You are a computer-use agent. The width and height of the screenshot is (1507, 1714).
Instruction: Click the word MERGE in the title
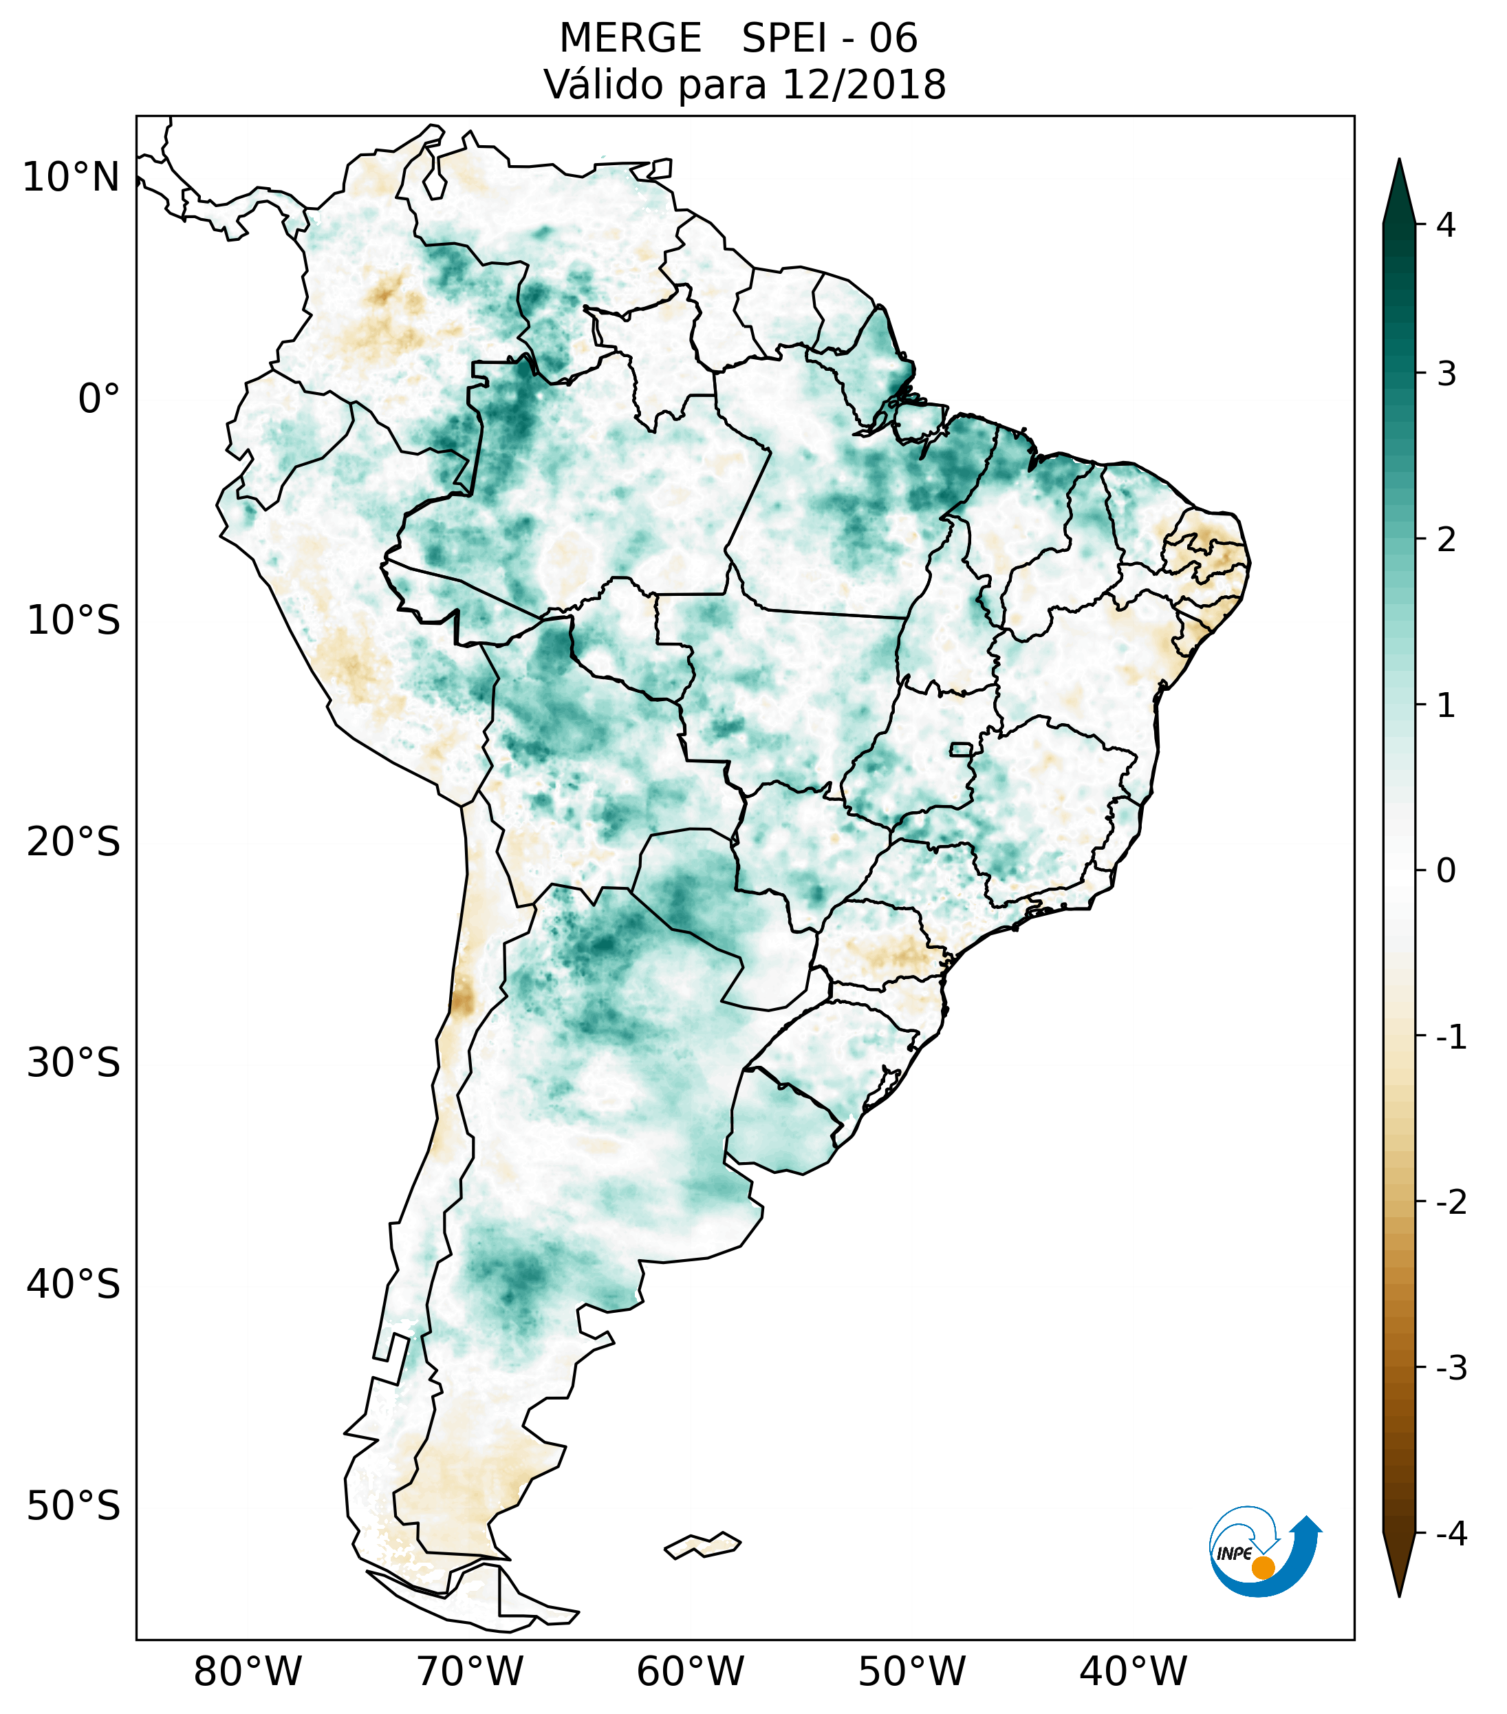pos(630,39)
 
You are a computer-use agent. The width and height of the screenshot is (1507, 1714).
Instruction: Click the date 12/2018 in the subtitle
pos(864,85)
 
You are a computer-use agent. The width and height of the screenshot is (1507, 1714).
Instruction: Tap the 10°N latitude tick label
pos(72,178)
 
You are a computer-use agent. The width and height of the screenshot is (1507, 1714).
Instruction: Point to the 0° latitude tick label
pos(99,399)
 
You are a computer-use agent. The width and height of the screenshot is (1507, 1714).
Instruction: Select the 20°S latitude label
pos(74,842)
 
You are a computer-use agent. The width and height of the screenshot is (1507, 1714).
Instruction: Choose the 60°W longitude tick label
pos(690,1671)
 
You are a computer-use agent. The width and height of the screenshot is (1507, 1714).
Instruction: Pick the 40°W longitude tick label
pos(1134,1671)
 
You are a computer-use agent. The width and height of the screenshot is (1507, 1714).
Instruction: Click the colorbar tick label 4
pos(1446,225)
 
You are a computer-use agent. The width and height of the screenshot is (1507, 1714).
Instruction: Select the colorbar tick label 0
pos(1446,871)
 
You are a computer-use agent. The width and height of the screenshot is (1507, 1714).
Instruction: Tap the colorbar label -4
pos(1451,1534)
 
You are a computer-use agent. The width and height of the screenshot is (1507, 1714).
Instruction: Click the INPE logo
pos(1264,1552)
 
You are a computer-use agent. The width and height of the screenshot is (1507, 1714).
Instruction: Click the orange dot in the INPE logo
pos(1262,1567)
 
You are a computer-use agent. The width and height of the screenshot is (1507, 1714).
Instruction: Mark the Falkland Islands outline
pos(702,1545)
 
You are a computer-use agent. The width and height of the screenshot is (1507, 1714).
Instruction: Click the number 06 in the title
pos(893,39)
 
